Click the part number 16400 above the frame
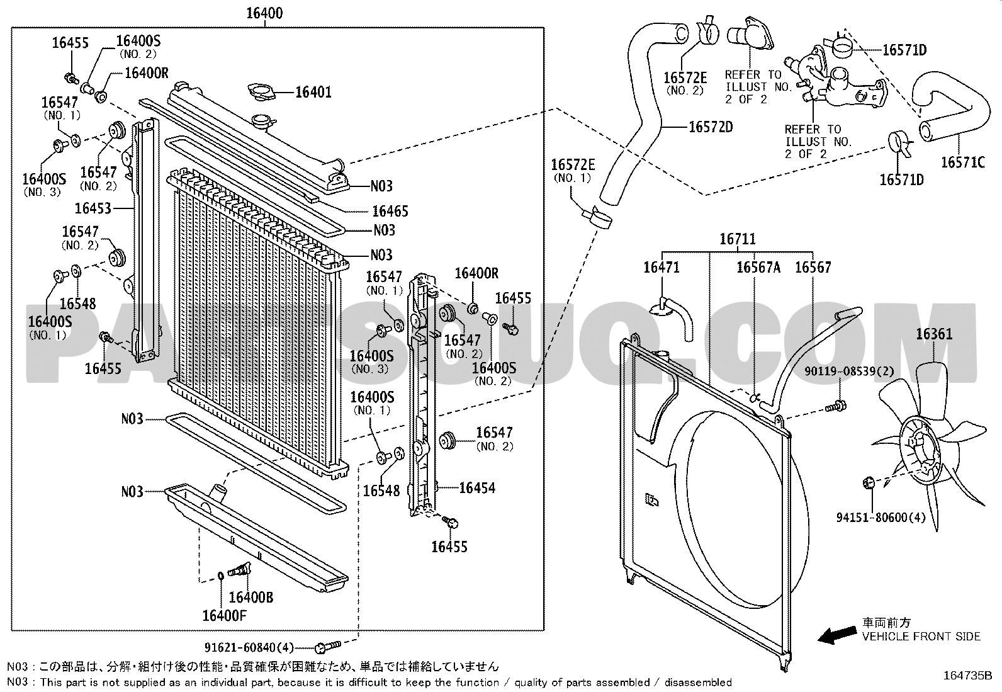click(264, 13)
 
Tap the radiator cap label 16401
click(313, 93)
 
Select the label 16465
click(390, 212)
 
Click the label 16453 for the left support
click(93, 208)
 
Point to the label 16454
click(477, 488)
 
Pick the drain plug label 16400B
click(250, 597)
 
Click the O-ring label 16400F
click(224, 615)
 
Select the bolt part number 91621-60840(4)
click(249, 647)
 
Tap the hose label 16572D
click(711, 127)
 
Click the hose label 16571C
click(962, 162)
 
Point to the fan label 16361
click(934, 334)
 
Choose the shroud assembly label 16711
click(738, 239)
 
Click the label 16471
click(661, 268)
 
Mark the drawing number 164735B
click(967, 676)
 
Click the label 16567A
click(758, 268)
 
